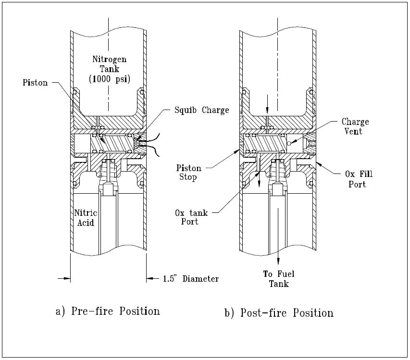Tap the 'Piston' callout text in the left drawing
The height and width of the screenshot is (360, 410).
click(35, 83)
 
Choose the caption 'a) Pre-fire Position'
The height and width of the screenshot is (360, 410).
click(108, 311)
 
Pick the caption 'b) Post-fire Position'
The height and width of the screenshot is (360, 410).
click(279, 313)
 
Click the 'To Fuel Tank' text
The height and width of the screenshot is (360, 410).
click(278, 279)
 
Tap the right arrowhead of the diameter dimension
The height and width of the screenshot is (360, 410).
click(150, 278)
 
